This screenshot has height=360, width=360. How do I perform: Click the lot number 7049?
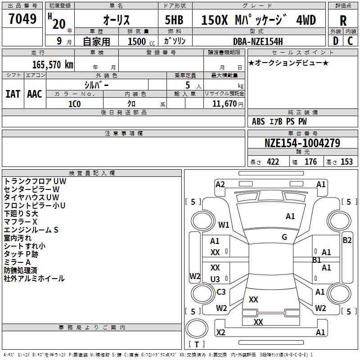(x=22, y=18)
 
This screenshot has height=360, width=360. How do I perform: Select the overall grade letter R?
(x=343, y=20)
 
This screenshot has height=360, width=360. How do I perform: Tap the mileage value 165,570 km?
(x=53, y=64)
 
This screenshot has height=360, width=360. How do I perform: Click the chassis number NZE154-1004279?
(x=302, y=143)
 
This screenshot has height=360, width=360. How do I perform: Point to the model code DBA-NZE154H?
(x=258, y=41)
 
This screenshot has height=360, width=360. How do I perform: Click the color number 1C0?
(x=75, y=104)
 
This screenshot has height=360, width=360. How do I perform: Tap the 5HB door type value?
(x=174, y=20)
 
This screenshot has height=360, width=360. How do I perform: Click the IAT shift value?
(x=13, y=94)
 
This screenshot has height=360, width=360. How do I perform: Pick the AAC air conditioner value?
(x=35, y=94)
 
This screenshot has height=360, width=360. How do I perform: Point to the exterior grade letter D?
(x=336, y=41)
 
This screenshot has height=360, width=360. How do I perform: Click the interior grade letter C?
(x=350, y=41)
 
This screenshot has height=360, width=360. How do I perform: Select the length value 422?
(x=273, y=162)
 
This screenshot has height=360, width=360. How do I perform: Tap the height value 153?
(x=346, y=162)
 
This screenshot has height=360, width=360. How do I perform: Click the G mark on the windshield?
(x=284, y=237)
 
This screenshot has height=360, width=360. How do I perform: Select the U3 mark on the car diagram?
(x=215, y=279)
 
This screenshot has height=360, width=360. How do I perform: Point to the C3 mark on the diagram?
(x=221, y=292)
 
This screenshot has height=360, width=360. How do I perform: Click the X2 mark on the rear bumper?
(x=220, y=332)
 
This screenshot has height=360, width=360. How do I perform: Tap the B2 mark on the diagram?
(x=347, y=240)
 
